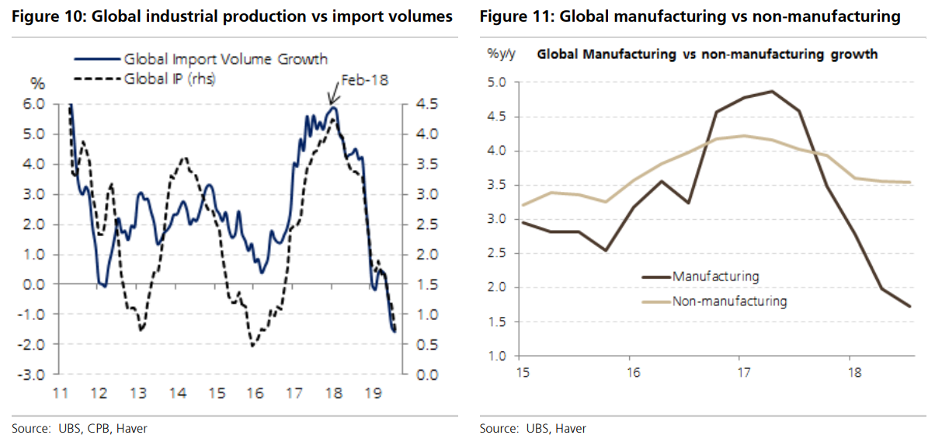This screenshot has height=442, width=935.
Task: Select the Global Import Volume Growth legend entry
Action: pyautogui.click(x=225, y=59)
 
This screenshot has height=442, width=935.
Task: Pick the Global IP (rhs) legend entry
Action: pyautogui.click(x=170, y=78)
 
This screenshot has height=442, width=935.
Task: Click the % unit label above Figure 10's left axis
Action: pyautogui.click(x=37, y=83)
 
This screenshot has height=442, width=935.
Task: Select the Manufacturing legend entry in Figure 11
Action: pyautogui.click(x=715, y=276)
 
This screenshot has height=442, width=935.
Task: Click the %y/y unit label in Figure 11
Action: pyautogui.click(x=502, y=54)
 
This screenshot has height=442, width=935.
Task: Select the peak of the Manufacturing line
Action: pyautogui.click(x=772, y=92)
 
